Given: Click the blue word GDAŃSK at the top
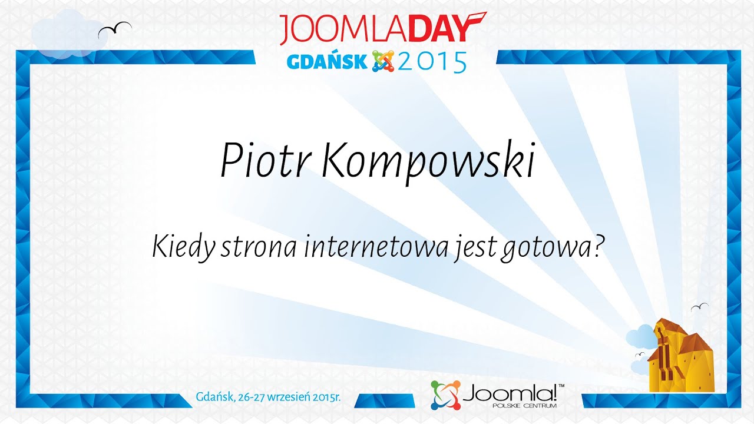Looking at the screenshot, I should [x=327, y=61].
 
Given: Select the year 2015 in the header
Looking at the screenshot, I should [x=432, y=61].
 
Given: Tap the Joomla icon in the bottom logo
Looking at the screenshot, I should [x=445, y=395].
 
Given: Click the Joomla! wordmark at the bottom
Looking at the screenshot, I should [x=513, y=392].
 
